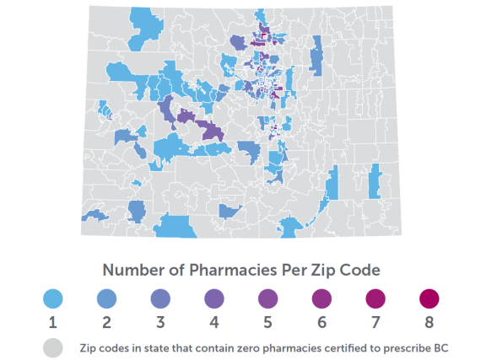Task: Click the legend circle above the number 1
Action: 52,298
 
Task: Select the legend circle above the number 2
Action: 106,298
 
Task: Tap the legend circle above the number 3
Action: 160,298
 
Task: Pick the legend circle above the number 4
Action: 213,298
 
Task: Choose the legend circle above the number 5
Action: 268,298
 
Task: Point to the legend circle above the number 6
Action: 322,298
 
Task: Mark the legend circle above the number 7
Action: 376,298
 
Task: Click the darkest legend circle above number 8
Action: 430,298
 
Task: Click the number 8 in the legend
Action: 430,321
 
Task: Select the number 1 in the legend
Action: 52,321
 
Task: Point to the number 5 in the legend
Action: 268,321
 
